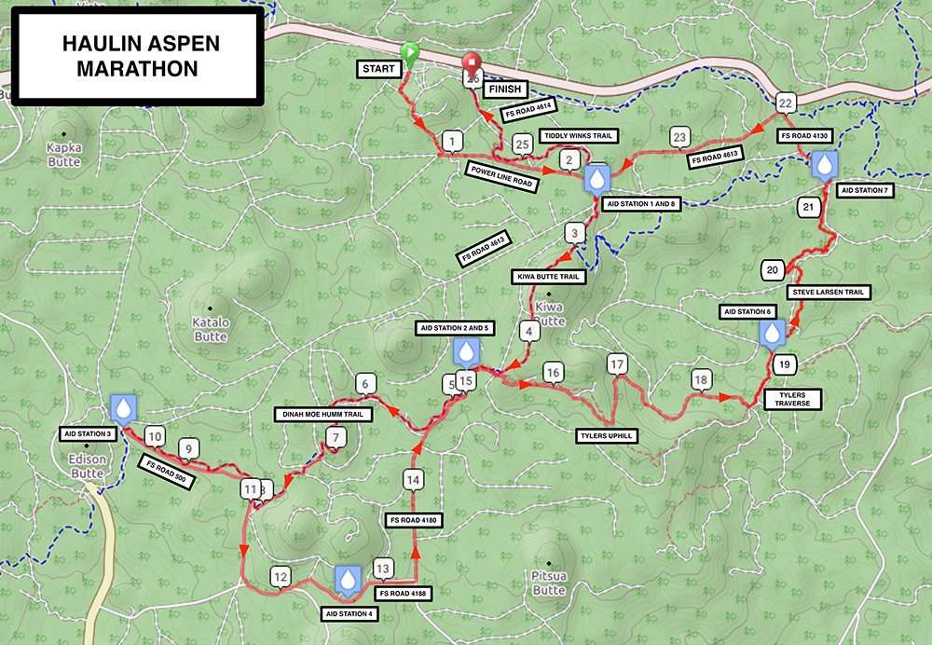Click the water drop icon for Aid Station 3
pyautogui.click(x=123, y=407)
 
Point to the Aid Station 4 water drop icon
pyautogui.click(x=348, y=580)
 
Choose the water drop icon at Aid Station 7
pyautogui.click(x=825, y=166)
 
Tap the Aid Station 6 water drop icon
pyautogui.click(x=772, y=333)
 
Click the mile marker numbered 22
pyautogui.click(x=786, y=103)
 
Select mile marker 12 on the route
pyautogui.click(x=281, y=577)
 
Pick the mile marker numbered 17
pyautogui.click(x=615, y=364)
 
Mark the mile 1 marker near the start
pyautogui.click(x=452, y=142)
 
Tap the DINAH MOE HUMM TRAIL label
pyautogui.click(x=323, y=414)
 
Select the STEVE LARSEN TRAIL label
pyautogui.click(x=829, y=292)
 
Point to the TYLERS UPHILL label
pyautogui.click(x=605, y=433)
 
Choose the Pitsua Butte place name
pyautogui.click(x=550, y=583)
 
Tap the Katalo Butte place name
pyautogui.click(x=211, y=329)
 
